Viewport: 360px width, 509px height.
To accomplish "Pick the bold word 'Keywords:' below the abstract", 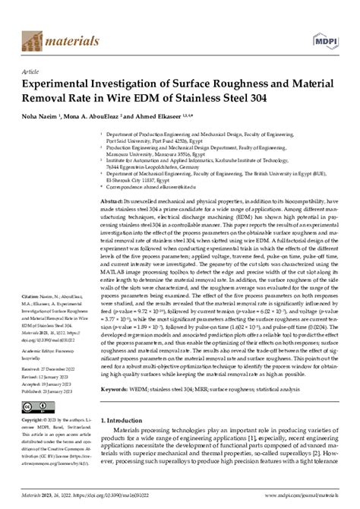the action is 115,387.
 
